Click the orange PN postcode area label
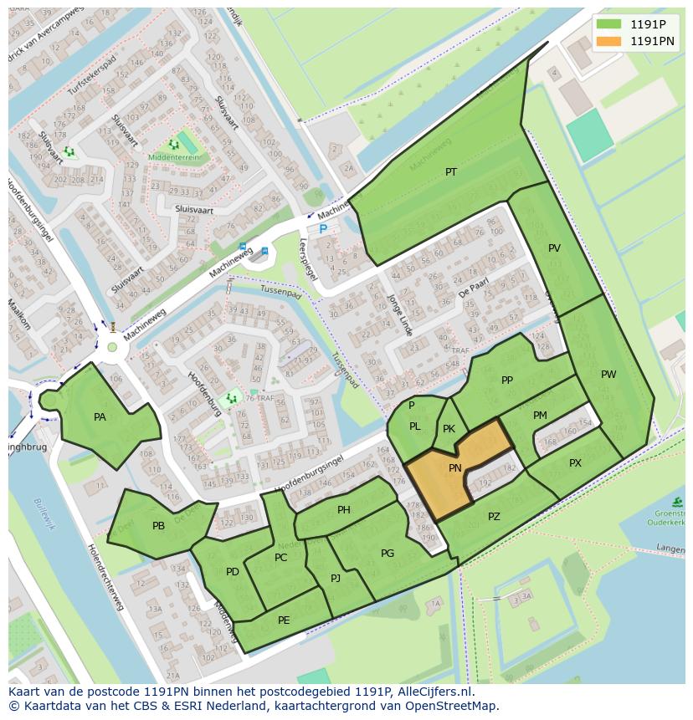(x=455, y=468)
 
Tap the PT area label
(x=451, y=172)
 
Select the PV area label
(x=554, y=248)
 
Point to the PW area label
(x=608, y=375)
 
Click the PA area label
(x=100, y=417)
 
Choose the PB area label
(x=158, y=526)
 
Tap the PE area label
(x=284, y=620)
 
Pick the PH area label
(x=344, y=510)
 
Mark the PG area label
(x=388, y=554)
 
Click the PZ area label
(x=494, y=517)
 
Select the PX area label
(x=575, y=463)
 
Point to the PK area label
(x=449, y=429)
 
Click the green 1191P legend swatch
(x=608, y=24)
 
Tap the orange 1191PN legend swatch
(x=608, y=41)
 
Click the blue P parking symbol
(x=323, y=228)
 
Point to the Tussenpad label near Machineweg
(x=279, y=294)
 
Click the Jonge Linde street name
(x=399, y=314)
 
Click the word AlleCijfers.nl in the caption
(x=434, y=692)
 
